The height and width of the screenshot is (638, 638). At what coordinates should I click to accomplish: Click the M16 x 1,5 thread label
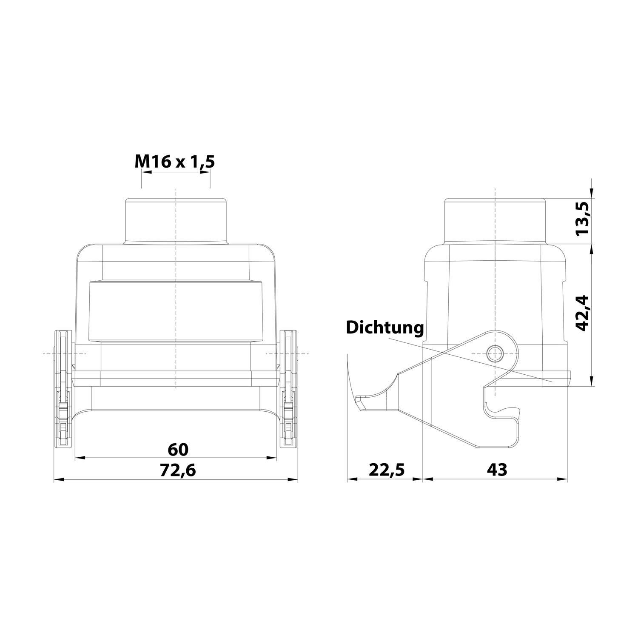[175, 162]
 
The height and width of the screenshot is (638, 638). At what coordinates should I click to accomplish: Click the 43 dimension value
[497, 470]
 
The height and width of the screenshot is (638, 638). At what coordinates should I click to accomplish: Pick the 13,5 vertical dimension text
[583, 219]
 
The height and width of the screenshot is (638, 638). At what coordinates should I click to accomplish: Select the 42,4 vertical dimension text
[583, 313]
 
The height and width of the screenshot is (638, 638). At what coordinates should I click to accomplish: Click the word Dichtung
[385, 328]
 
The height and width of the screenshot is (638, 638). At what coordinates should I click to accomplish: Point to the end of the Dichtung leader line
[551, 382]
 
